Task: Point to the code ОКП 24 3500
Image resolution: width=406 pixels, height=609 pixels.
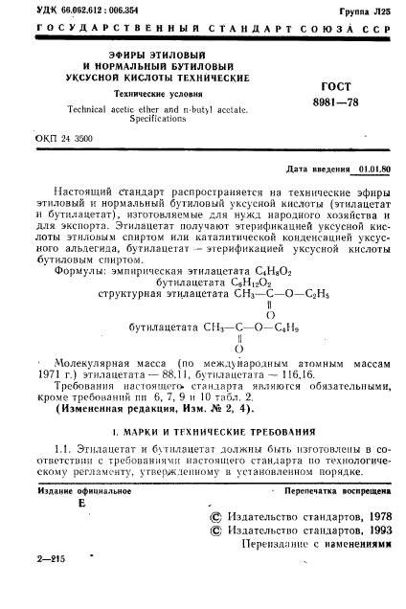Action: [64, 139]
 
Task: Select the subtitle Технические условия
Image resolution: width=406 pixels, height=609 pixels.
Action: [152, 95]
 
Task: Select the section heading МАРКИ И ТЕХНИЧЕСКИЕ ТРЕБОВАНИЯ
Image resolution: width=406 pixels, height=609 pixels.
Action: [219, 434]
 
